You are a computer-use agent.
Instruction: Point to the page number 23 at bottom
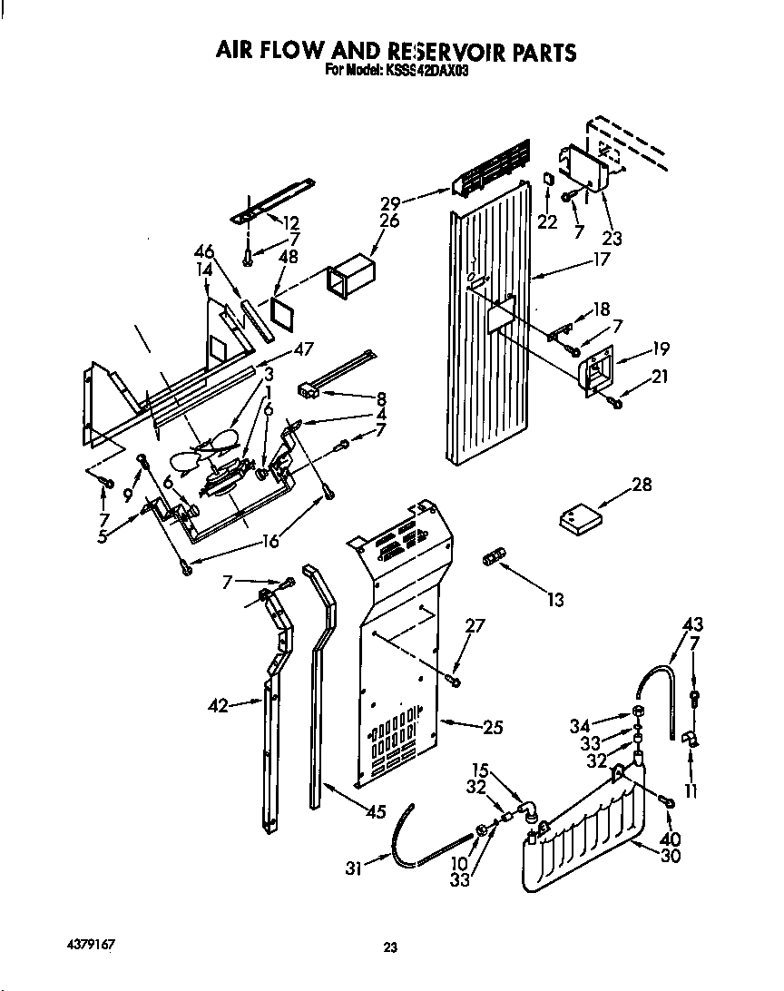pos(390,948)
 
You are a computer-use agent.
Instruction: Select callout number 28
pos(642,486)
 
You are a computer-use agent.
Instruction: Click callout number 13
pos(554,599)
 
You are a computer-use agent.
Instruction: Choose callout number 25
pos(493,726)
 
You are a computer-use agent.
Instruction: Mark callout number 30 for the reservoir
pos(671,855)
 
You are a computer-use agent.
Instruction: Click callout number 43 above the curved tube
pos(693,625)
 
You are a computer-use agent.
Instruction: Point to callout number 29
pos(391,204)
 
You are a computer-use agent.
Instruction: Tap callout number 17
pos(601,259)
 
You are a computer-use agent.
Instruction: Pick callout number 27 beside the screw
pos(475,625)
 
